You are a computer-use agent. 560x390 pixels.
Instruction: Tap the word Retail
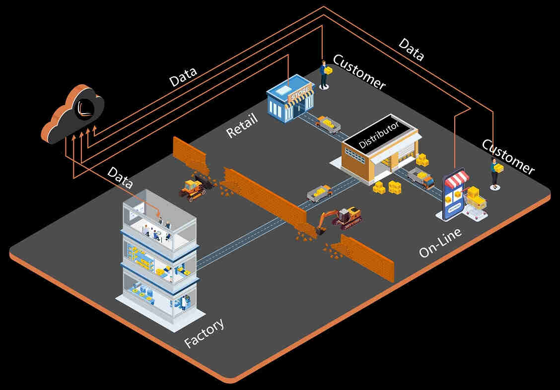(242, 126)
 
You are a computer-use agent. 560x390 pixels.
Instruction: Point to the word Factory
(204, 333)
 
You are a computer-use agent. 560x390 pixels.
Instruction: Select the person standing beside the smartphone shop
(495, 173)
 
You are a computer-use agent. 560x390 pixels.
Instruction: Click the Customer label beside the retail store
(359, 72)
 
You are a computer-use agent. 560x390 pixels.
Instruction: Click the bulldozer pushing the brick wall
(194, 187)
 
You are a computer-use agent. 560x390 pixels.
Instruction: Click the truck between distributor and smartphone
(421, 178)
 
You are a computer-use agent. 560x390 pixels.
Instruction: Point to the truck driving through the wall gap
(319, 193)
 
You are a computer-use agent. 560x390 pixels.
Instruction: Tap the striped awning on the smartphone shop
(456, 179)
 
